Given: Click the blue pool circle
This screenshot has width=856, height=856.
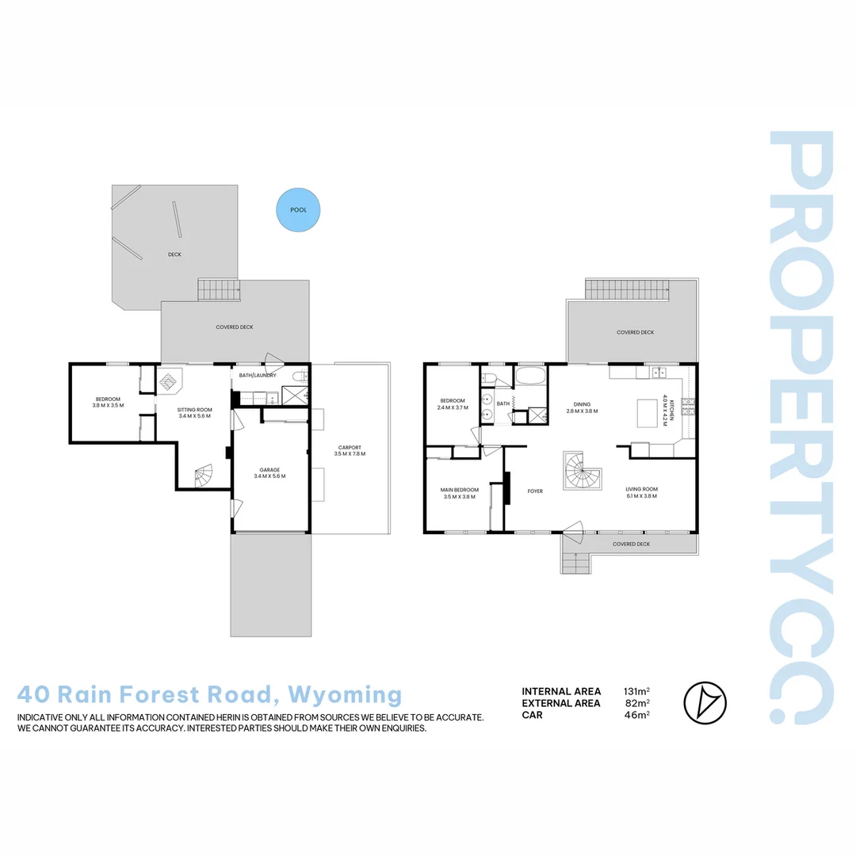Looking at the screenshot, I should pos(298,210).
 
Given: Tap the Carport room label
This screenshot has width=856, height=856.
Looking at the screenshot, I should pos(350,450).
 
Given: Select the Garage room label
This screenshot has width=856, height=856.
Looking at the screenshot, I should pos(269,472).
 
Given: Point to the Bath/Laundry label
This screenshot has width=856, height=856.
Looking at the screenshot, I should pos(257,375).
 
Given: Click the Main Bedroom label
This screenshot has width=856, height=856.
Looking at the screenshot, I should pos(459,493).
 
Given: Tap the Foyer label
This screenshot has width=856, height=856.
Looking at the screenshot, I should pos(535,491).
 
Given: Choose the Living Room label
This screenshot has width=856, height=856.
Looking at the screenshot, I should pos(641,493).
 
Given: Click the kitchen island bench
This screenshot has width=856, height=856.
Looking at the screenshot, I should pos(649,413).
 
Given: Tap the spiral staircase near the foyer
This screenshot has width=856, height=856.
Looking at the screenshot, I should pos(583,472).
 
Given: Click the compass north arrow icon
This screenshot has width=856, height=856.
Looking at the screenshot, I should pos(705,702).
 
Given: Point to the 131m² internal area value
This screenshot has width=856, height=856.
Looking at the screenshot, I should pos(637,691).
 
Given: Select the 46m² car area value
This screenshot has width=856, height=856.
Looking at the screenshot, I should pos(637,715).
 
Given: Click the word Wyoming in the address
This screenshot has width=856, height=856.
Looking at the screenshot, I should pos(345,695).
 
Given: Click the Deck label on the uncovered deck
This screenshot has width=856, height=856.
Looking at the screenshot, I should pos(174,254).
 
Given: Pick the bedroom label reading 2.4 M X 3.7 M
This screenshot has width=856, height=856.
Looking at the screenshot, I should pos(453,404).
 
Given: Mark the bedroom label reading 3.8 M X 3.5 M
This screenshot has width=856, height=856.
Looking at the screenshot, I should pos(109,402).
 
